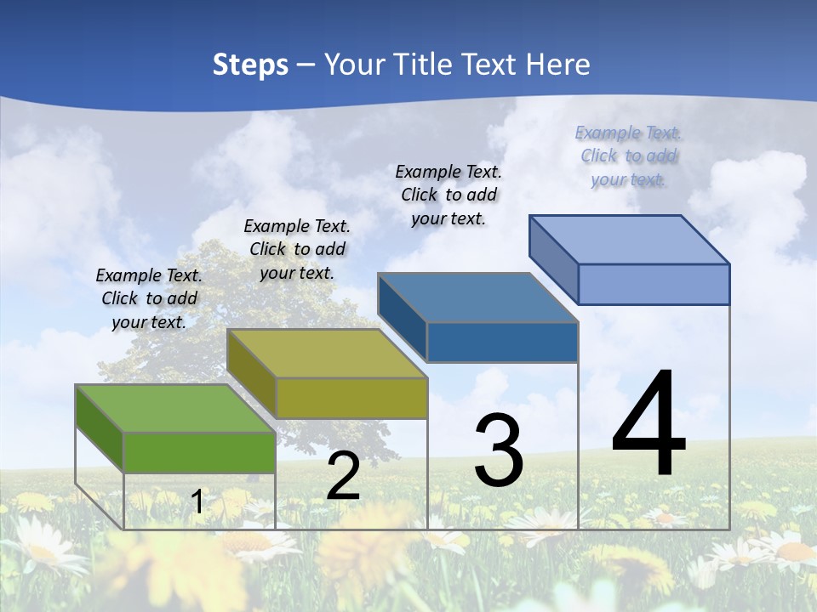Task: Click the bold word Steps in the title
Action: pos(250,65)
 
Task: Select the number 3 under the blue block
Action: pos(499,450)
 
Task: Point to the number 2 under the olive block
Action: pos(343,477)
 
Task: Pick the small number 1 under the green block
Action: pos(197,502)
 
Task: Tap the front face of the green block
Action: pos(199,452)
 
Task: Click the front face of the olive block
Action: pos(351,398)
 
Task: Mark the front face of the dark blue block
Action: pos(502,342)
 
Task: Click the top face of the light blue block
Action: pos(630,239)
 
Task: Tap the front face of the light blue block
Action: pos(654,284)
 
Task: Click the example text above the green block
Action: pos(149,298)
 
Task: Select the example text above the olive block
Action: pos(297,249)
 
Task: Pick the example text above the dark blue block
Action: pos(448,195)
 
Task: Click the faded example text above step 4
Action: pos(628,156)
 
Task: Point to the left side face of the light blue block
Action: pos(553,259)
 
